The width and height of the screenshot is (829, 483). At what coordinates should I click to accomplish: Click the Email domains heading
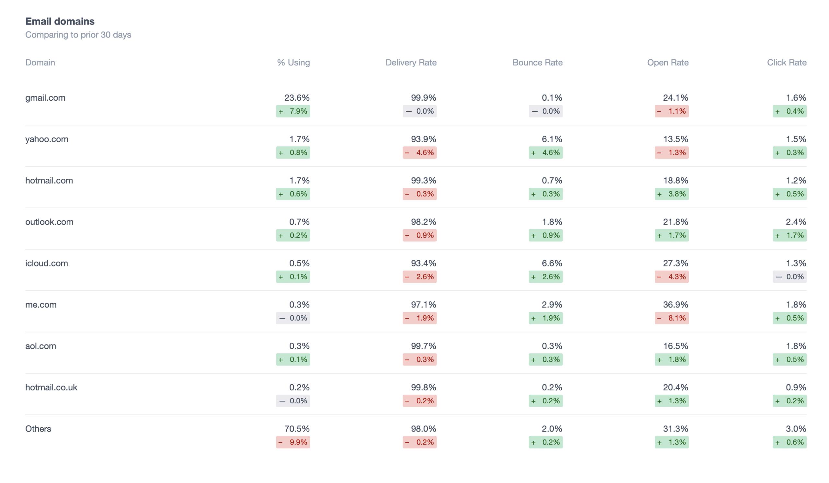[60, 21]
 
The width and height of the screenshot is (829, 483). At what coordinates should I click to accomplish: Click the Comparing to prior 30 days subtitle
[78, 35]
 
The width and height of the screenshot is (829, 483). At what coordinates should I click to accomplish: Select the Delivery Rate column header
[411, 62]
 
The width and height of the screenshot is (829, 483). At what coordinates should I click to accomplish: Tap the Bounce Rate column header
[537, 62]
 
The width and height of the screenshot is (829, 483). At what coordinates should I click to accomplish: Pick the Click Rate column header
[787, 62]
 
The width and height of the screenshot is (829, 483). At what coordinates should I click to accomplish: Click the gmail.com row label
[45, 98]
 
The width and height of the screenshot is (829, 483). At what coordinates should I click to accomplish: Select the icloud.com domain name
[47, 264]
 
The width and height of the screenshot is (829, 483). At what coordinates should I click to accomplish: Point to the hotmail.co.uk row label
[51, 387]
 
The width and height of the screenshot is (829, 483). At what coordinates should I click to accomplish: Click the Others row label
[38, 429]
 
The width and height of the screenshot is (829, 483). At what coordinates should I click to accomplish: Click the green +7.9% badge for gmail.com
[293, 111]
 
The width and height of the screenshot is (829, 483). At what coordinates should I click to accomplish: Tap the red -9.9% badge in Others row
[293, 442]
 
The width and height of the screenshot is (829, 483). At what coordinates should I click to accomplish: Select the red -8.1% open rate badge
[671, 318]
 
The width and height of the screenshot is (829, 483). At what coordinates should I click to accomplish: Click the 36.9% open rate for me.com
[676, 304]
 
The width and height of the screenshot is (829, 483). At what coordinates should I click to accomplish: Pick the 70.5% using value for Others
[297, 429]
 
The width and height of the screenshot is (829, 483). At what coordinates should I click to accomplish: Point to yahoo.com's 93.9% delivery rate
[423, 139]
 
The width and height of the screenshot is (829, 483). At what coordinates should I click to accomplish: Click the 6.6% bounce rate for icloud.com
[552, 264]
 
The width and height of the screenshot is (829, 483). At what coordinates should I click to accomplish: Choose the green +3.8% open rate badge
[671, 194]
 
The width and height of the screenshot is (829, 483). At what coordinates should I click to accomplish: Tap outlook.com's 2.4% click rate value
[796, 222]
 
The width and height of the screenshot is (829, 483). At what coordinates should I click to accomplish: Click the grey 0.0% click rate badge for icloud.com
[789, 277]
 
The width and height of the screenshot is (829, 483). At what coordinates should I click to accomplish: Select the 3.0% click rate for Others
[796, 429]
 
